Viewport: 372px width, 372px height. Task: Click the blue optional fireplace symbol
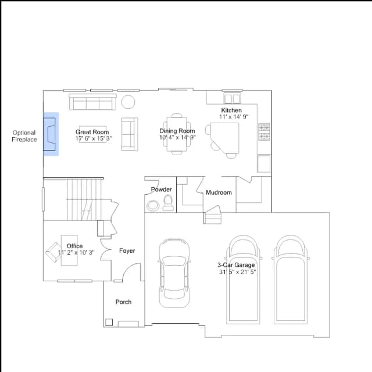click(51, 134)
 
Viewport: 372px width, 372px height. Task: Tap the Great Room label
click(92, 132)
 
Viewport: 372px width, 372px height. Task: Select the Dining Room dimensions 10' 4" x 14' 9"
click(177, 137)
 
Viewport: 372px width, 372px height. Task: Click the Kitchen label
click(231, 110)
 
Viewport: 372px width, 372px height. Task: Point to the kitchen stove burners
click(264, 132)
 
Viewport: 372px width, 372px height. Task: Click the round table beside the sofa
click(128, 102)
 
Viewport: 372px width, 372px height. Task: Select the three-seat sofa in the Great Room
click(92, 102)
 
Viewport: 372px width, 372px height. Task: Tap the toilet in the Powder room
click(168, 203)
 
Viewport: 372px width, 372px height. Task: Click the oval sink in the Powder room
click(153, 205)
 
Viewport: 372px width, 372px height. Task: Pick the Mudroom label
click(219, 192)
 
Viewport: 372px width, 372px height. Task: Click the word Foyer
click(127, 251)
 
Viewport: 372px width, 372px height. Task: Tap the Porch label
click(123, 302)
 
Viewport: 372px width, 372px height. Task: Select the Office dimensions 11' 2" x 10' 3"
click(76, 252)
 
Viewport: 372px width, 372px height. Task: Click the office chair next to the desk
click(53, 252)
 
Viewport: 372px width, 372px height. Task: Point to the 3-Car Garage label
click(236, 265)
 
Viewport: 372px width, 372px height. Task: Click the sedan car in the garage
click(174, 273)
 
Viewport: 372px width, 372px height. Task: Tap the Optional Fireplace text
click(24, 136)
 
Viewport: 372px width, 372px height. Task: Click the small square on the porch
click(109, 322)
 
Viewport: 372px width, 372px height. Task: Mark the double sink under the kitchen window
click(233, 98)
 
